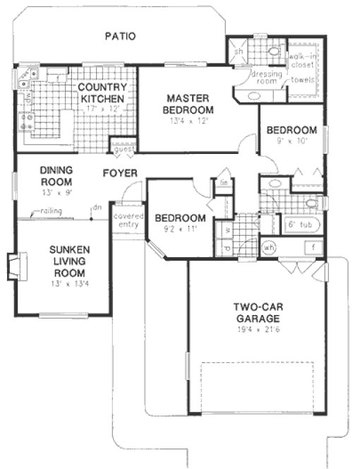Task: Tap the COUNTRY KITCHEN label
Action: (x=102, y=93)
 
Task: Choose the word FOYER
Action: (x=119, y=173)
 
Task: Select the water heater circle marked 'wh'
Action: (x=269, y=248)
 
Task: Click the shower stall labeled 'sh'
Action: (x=239, y=52)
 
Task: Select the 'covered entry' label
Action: (x=128, y=220)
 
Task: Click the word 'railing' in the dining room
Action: (x=49, y=210)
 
